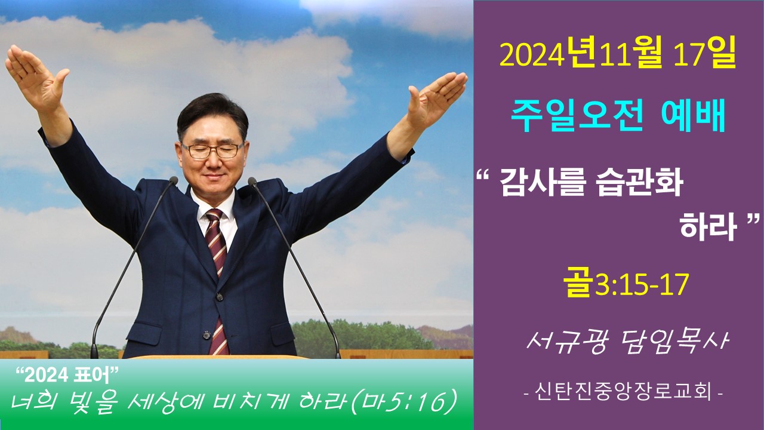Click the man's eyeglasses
(212, 150)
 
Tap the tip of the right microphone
(252, 182)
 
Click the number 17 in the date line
(692, 56)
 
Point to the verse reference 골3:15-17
(625, 286)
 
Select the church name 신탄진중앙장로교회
(623, 392)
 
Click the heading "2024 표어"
(67, 376)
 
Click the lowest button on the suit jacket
(207, 334)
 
